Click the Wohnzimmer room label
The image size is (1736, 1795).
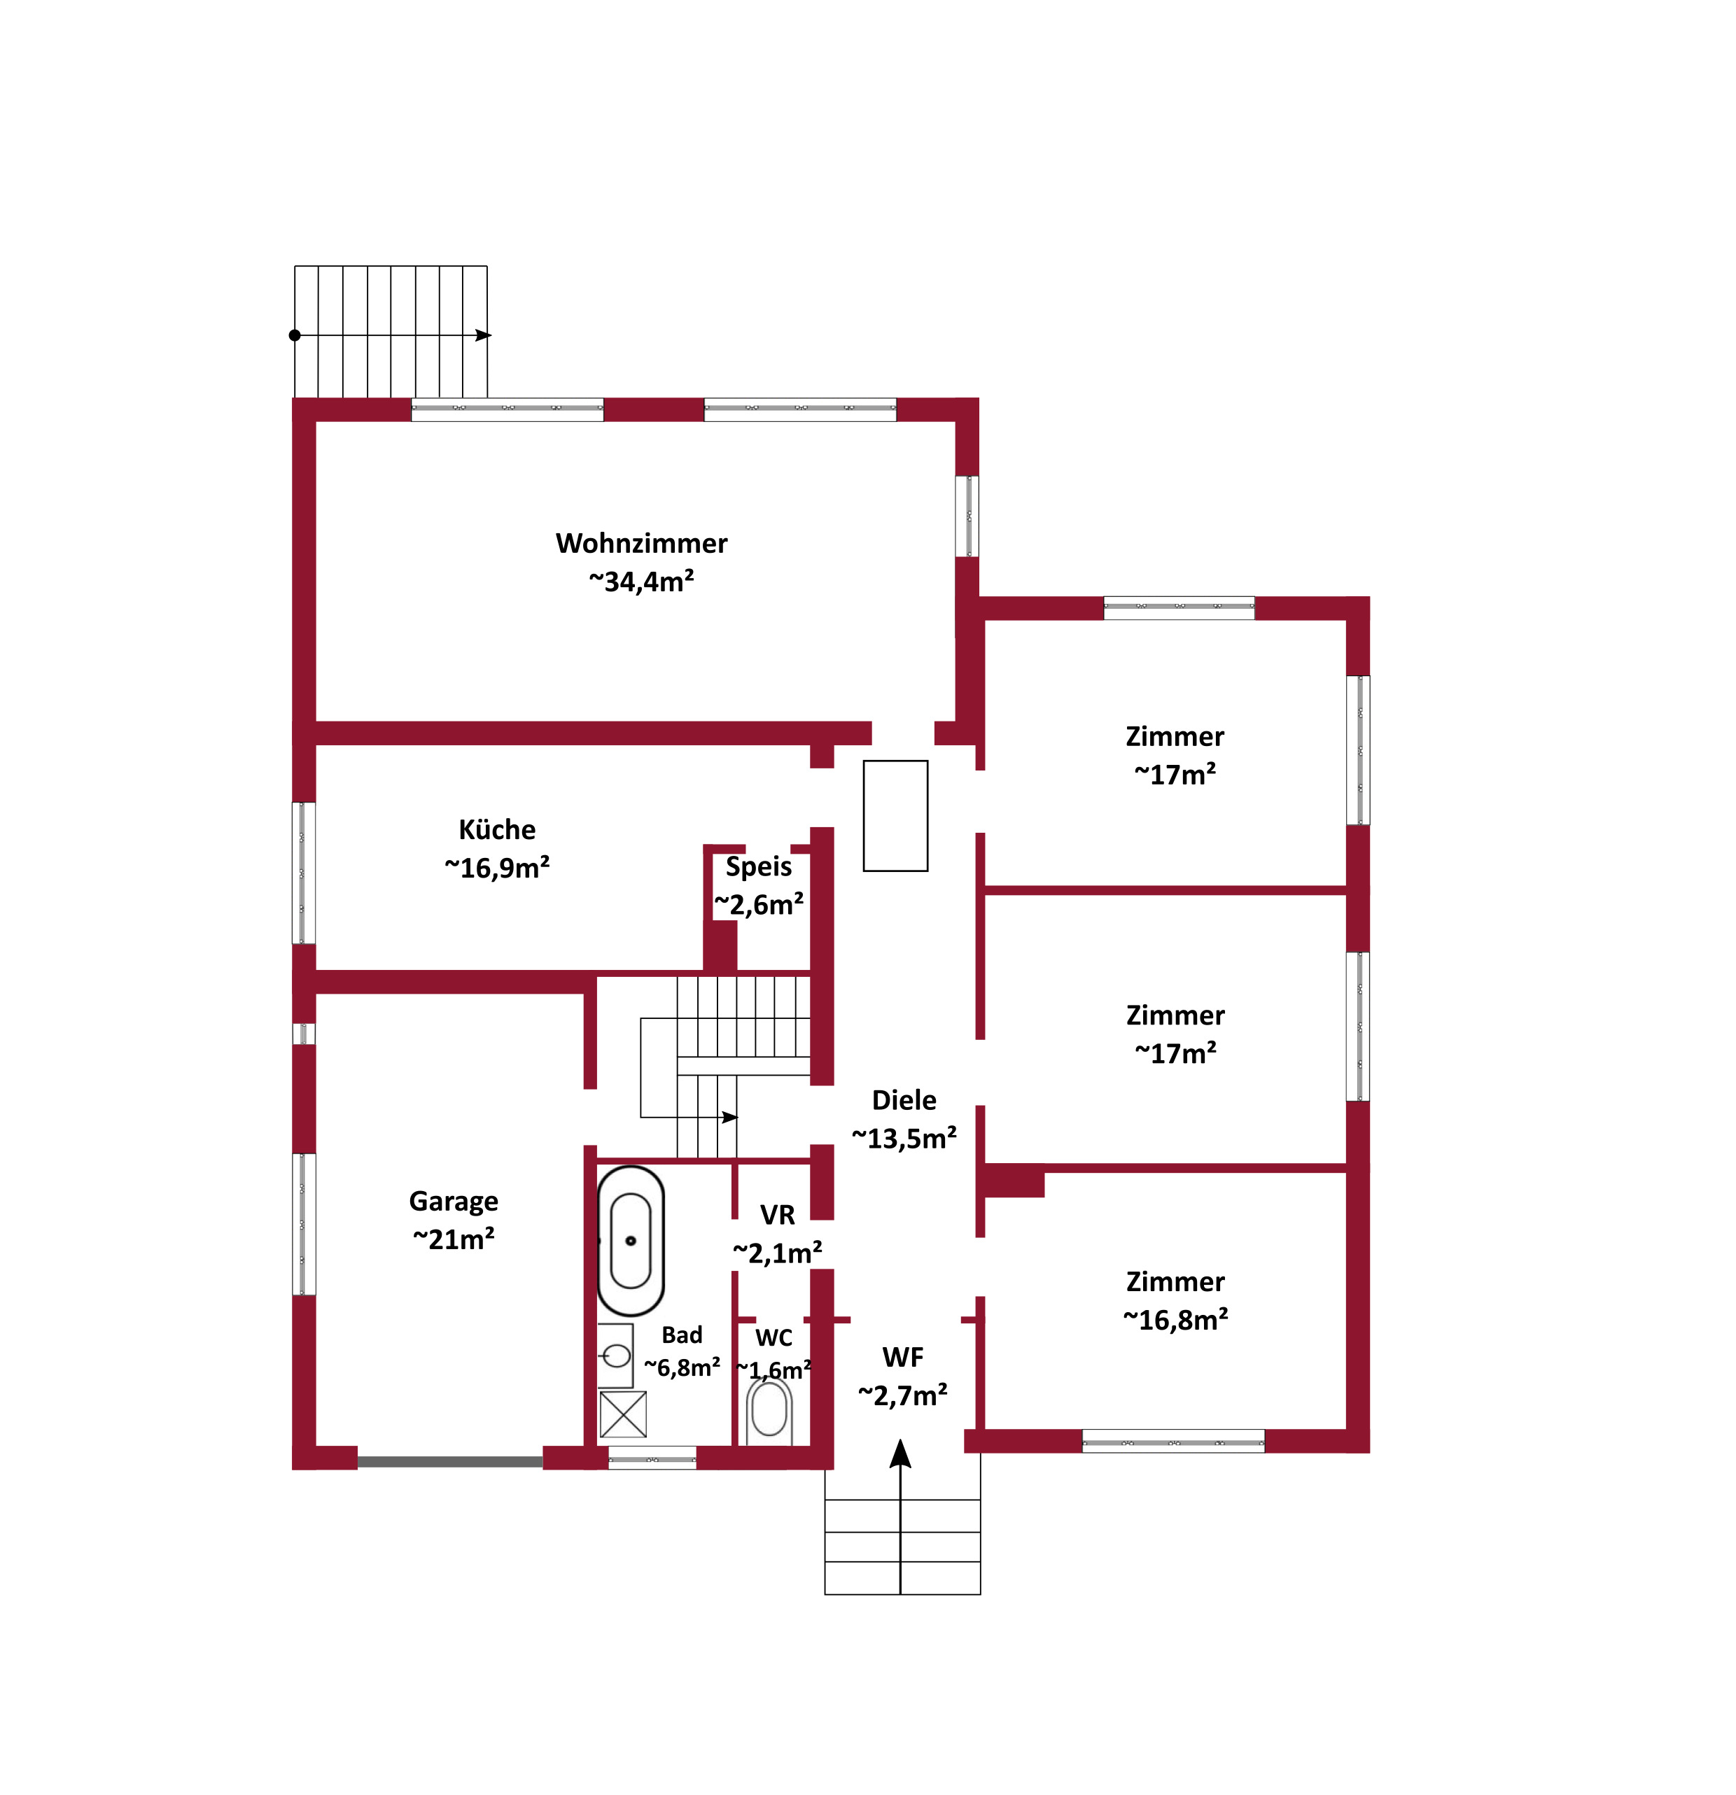click(641, 543)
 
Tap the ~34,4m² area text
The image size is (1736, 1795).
click(641, 581)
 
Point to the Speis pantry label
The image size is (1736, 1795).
click(759, 866)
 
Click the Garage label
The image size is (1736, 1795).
click(454, 1201)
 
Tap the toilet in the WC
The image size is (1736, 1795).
click(769, 1412)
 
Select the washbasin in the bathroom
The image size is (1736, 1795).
click(615, 1356)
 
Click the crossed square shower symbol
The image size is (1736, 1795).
click(623, 1415)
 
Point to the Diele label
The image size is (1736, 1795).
click(904, 1100)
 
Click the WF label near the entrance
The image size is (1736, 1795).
click(902, 1357)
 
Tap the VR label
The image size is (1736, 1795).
click(777, 1216)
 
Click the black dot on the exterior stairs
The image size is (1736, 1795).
click(295, 335)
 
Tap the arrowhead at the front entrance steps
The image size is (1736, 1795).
click(900, 1453)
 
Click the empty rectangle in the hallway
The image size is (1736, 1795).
click(895, 815)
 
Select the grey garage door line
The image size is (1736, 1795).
click(450, 1462)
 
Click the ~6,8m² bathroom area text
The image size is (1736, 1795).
click(682, 1367)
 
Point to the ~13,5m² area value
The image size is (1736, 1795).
click(904, 1139)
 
